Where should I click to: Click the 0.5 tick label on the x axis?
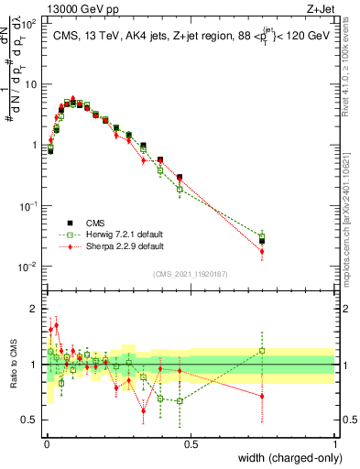point(191,443)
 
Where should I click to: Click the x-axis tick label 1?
point(334,443)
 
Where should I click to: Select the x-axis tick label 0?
point(46,443)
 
